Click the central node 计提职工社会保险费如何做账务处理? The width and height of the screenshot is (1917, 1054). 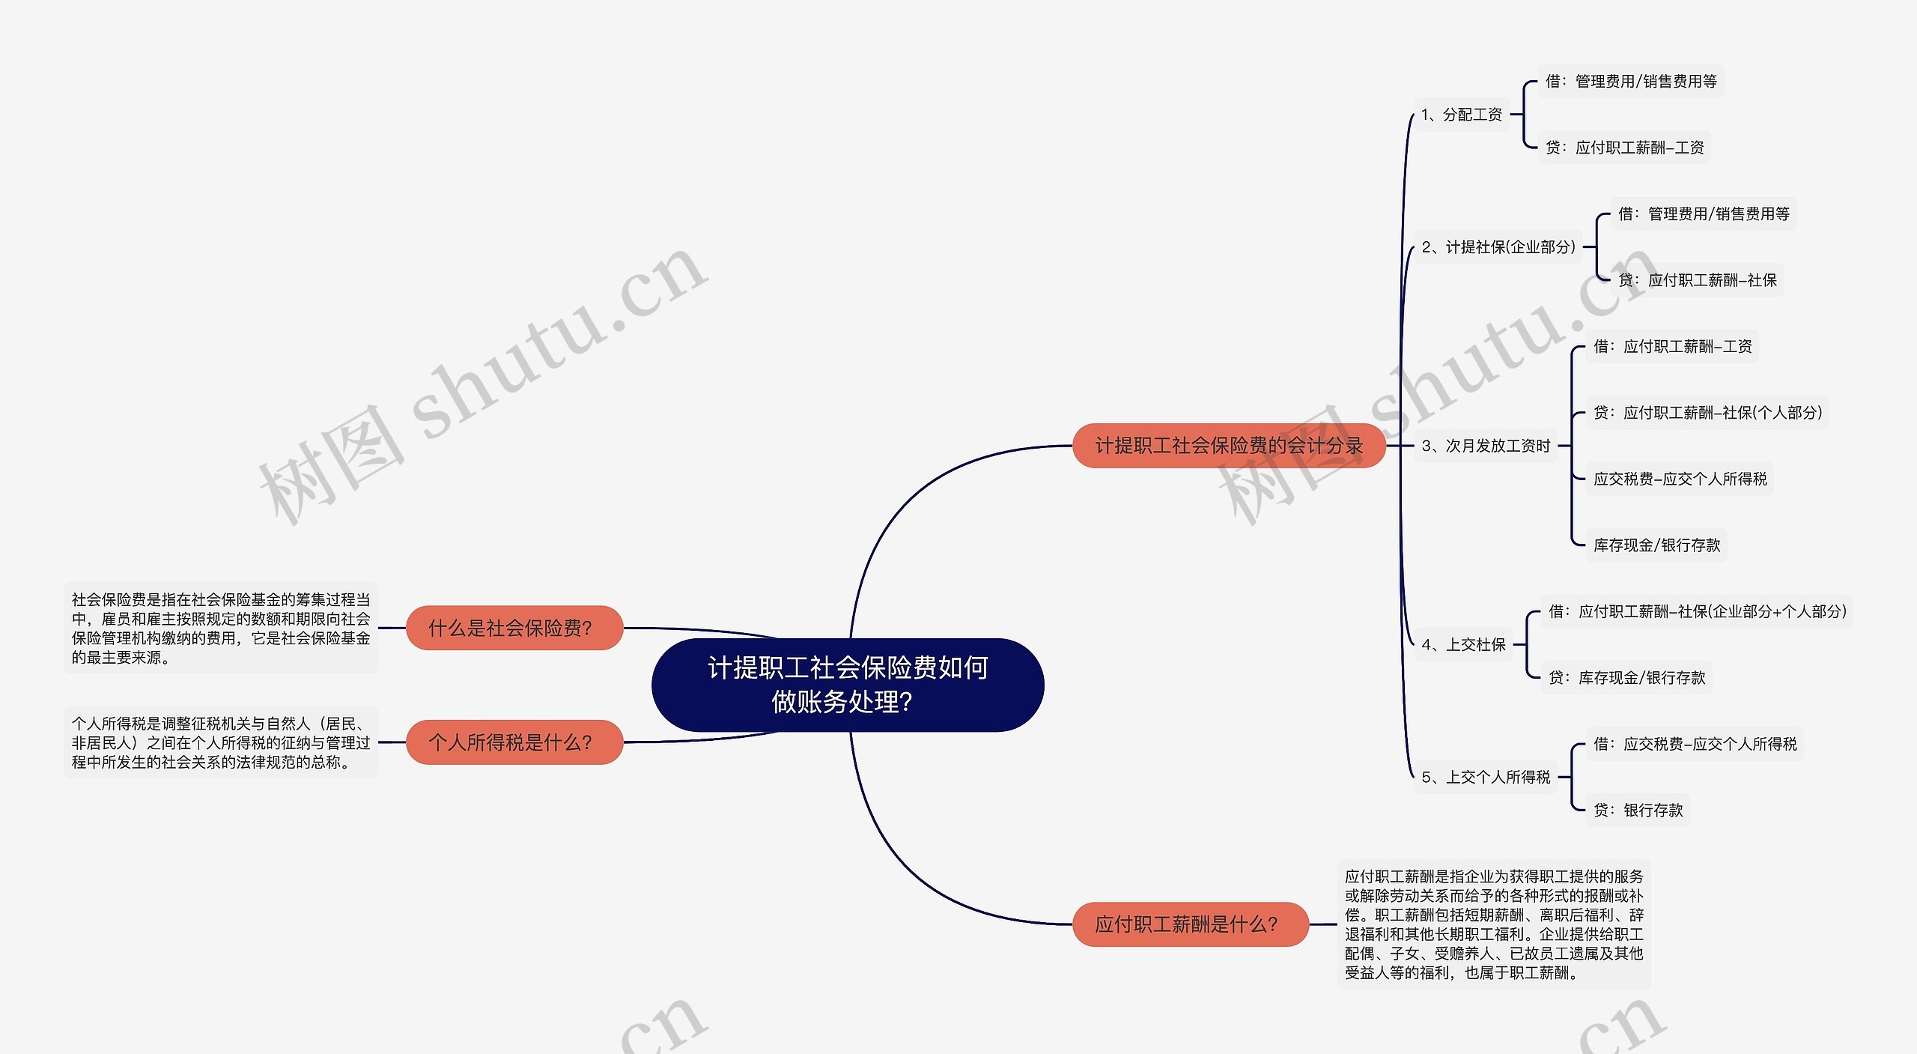(848, 685)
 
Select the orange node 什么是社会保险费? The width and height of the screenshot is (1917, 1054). (514, 628)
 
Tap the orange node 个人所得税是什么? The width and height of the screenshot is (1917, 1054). (514, 742)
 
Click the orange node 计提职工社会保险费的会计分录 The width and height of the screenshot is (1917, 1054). (1229, 446)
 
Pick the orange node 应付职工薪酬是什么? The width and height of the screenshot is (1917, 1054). (1190, 924)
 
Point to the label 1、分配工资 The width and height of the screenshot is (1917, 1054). (1462, 115)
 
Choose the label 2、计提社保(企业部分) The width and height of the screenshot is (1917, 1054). (1498, 247)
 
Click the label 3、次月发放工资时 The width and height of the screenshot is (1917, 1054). (1486, 446)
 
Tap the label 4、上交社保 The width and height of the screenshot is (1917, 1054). (1463, 645)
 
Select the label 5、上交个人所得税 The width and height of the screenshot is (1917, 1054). (1486, 778)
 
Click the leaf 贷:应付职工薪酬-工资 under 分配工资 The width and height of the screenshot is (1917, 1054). (1624, 148)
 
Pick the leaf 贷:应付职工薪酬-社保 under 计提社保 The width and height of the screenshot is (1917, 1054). (1697, 280)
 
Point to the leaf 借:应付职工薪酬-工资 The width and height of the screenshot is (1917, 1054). (1672, 346)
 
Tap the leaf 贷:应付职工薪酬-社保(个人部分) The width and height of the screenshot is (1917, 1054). (1707, 413)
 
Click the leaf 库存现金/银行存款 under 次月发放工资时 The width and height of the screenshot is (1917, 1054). (1656, 545)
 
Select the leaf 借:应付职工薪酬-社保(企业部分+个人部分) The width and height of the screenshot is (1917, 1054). (1697, 611)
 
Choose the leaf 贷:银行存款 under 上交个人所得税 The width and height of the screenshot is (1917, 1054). (1638, 810)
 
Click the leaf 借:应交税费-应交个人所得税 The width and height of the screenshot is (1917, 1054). (1695, 744)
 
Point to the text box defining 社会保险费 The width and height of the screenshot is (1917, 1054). (221, 629)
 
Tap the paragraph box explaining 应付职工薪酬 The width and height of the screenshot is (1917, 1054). (1494, 924)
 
